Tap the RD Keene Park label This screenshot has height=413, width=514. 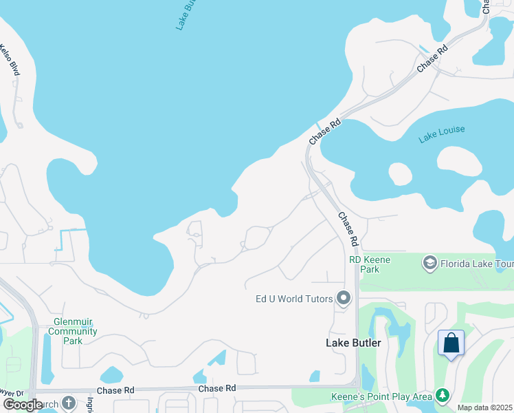coord(370,264)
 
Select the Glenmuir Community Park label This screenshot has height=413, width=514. coord(76,331)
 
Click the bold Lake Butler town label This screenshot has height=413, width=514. coord(353,343)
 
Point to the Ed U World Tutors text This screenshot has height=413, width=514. coord(294,299)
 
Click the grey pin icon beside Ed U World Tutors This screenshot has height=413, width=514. coord(344,299)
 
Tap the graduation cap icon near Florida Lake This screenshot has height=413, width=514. coord(429,262)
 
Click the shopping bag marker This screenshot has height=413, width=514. coord(451,343)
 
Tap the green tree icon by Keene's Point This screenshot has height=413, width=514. coord(443,396)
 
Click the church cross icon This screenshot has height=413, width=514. coord(68,403)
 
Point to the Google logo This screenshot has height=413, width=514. coord(23,404)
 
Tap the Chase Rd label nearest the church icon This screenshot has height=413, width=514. coord(116,390)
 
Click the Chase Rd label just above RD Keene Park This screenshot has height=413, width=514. coord(349,229)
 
